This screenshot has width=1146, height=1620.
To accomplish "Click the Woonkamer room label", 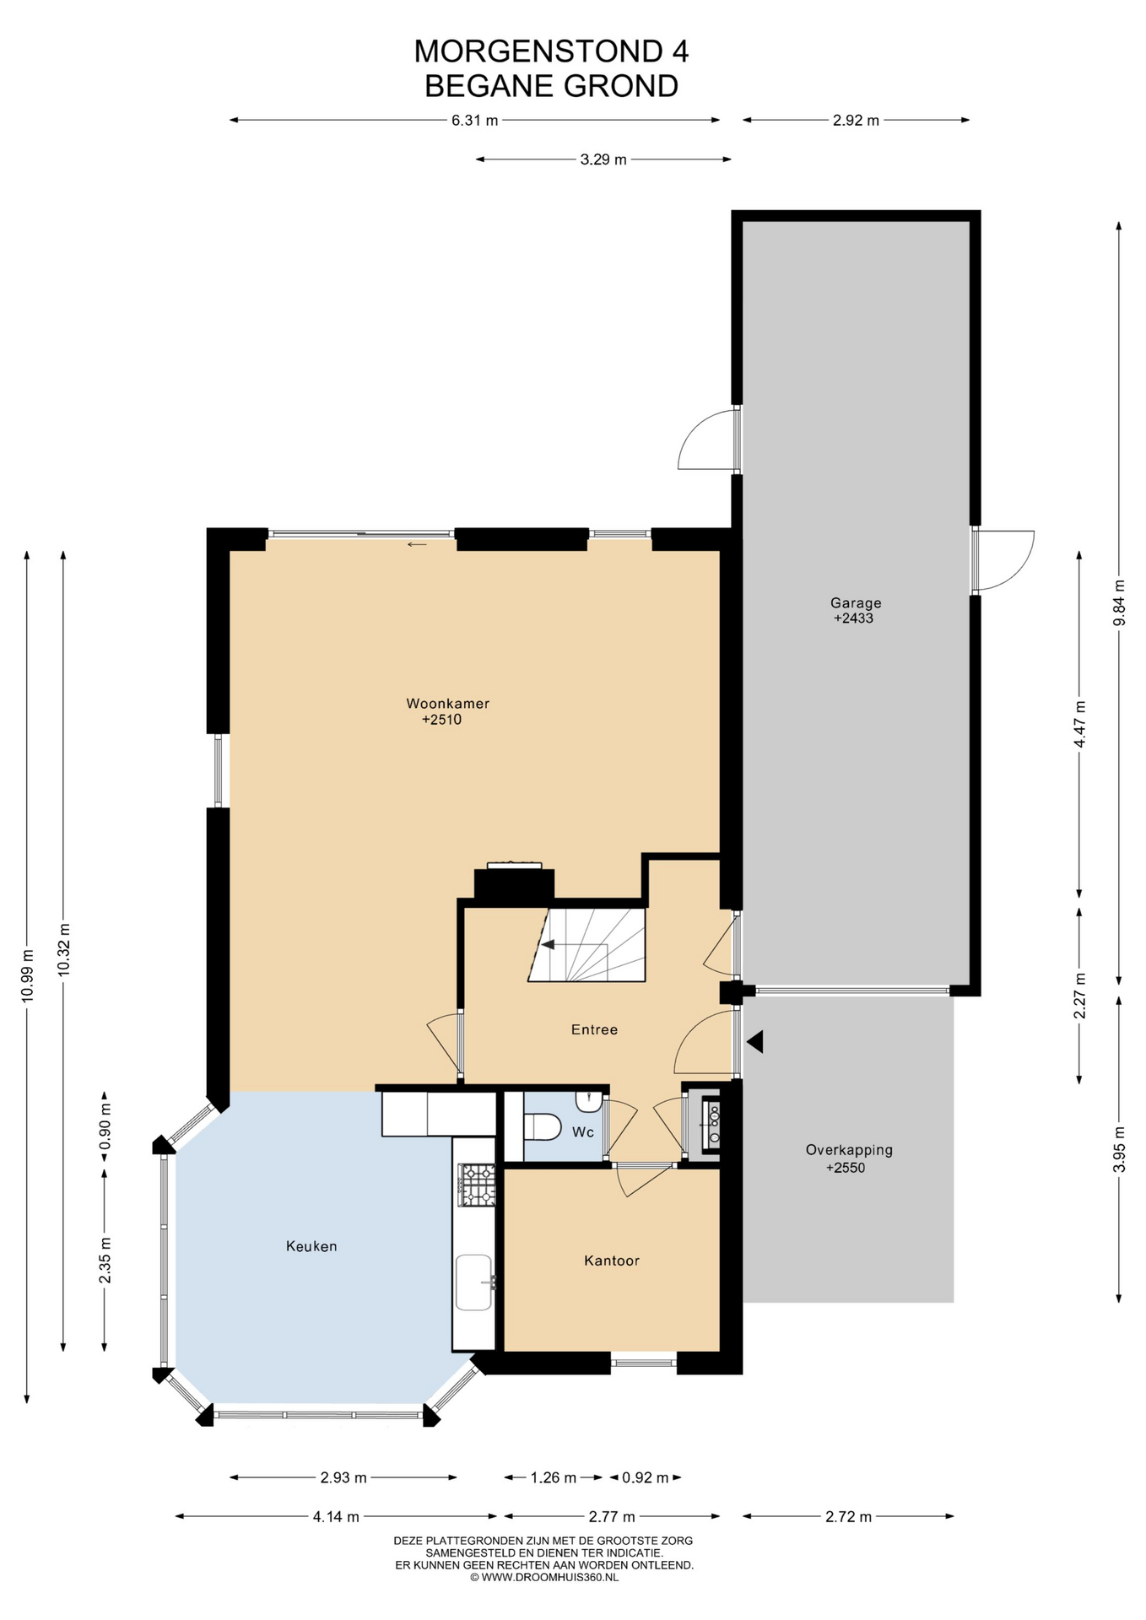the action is [x=447, y=704].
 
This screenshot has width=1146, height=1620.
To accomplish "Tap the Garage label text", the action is [x=856, y=603].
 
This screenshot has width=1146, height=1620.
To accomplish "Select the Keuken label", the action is [x=311, y=1246].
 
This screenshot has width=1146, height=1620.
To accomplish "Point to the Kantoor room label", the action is [x=612, y=1261].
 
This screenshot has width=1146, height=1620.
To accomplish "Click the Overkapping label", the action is [x=849, y=1150].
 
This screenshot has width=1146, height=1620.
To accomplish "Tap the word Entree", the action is [x=594, y=1029].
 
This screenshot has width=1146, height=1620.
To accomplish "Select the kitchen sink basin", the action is [x=474, y=1282].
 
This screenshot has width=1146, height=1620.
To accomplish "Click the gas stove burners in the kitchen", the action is [x=477, y=1185].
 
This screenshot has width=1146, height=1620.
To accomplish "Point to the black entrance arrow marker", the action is [x=755, y=1042].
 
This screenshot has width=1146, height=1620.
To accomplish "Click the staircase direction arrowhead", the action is [x=548, y=944].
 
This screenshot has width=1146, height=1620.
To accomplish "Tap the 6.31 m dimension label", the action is [x=474, y=121].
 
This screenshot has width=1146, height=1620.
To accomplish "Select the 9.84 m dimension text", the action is [x=1119, y=602].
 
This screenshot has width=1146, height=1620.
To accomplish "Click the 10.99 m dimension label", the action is [x=28, y=975].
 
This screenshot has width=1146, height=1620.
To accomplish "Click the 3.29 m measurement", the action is [x=603, y=159].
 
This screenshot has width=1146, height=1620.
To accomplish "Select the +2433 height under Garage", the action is [x=853, y=618].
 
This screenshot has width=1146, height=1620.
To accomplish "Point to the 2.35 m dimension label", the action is [x=105, y=1260].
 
